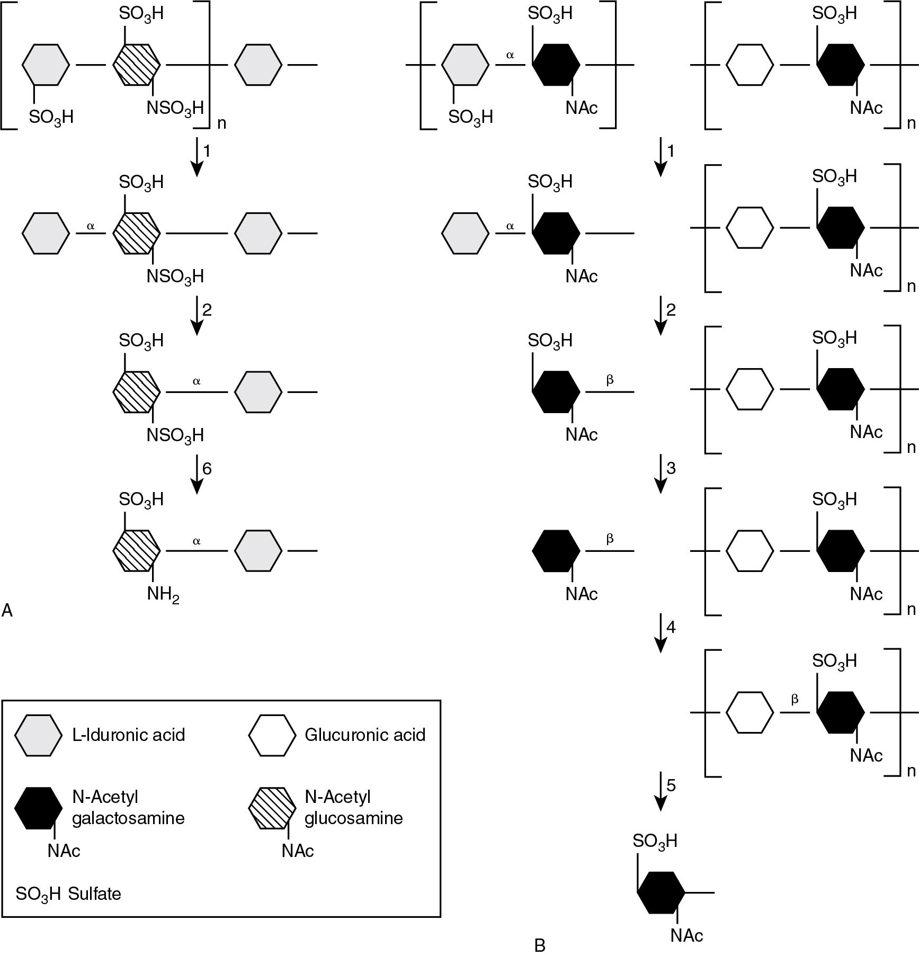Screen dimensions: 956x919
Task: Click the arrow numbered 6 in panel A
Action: (x=197, y=473)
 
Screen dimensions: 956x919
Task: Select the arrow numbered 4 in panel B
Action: (x=660, y=632)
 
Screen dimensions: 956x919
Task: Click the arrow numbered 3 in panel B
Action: (x=660, y=473)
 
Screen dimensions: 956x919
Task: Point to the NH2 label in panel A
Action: (x=163, y=594)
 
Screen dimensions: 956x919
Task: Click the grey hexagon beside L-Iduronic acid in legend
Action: (x=38, y=735)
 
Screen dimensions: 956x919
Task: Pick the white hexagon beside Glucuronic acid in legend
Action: (x=272, y=735)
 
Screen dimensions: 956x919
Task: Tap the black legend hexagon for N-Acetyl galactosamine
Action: (x=38, y=807)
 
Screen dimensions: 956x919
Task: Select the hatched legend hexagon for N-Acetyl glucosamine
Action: (x=272, y=807)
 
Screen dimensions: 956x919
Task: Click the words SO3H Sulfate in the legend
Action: (x=68, y=894)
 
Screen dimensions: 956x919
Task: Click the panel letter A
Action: (x=7, y=611)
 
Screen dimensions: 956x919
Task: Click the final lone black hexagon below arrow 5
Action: (x=661, y=892)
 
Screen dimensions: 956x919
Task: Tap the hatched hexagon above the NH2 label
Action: (x=137, y=551)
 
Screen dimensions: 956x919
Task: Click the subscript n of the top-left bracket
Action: (x=221, y=123)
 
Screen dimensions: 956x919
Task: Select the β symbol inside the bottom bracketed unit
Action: (x=795, y=699)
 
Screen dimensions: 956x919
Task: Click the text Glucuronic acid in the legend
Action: (x=365, y=735)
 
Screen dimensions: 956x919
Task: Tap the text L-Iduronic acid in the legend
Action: (x=129, y=735)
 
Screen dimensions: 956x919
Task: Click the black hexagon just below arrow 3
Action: (x=556, y=551)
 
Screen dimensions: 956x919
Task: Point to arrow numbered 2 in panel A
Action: (x=197, y=315)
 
